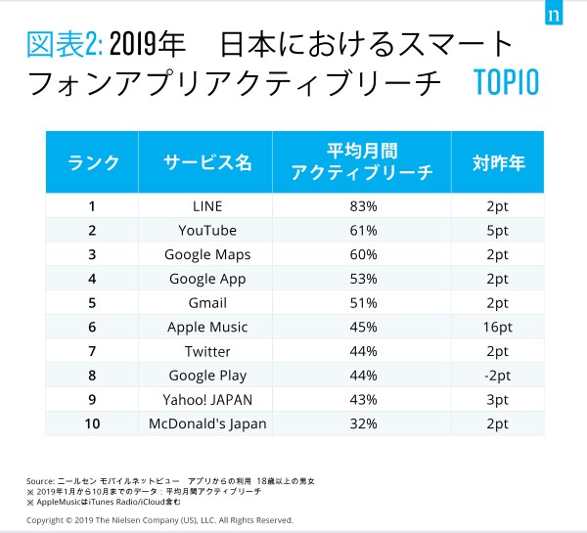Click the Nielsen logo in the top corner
click(x=554, y=17)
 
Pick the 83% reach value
click(x=361, y=205)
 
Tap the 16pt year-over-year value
click(x=497, y=327)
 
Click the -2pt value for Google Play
click(x=497, y=376)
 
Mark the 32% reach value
click(x=361, y=423)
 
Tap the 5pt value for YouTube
click(x=497, y=230)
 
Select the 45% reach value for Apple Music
click(x=361, y=327)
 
